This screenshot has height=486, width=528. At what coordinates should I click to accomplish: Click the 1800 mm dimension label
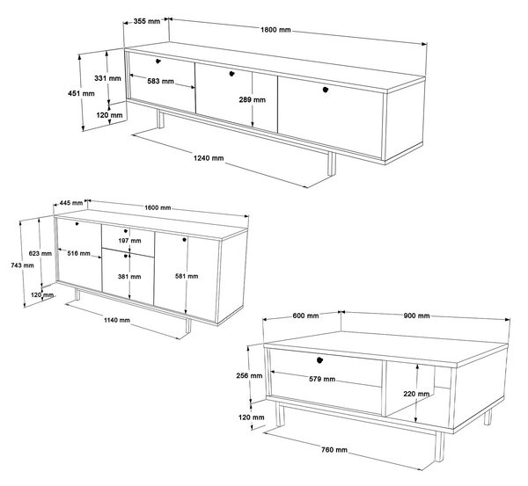click(x=275, y=30)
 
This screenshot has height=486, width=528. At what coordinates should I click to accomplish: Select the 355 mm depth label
click(x=146, y=21)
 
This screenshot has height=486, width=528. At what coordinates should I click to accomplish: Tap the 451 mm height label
click(x=81, y=93)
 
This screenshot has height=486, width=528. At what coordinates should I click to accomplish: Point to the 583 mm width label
click(x=161, y=81)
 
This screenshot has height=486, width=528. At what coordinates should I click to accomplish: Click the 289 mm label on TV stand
click(x=253, y=99)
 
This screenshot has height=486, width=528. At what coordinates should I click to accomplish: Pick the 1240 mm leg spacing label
click(x=209, y=157)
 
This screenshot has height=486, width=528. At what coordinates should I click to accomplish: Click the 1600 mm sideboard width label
click(x=158, y=207)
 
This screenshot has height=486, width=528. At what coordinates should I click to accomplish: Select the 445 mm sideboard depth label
click(x=71, y=203)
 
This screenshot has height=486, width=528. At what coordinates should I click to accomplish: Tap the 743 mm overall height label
click(x=22, y=265)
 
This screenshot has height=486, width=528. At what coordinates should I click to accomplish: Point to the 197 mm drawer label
click(x=129, y=241)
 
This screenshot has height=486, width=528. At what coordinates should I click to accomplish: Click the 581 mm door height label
click(x=187, y=276)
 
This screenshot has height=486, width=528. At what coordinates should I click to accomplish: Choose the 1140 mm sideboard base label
click(x=116, y=320)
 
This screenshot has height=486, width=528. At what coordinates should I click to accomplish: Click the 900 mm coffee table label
click(x=416, y=316)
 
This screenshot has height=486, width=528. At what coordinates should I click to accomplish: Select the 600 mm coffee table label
click(x=305, y=316)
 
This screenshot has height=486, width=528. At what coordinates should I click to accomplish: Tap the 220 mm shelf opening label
click(x=416, y=394)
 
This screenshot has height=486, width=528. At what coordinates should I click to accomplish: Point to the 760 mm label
click(x=334, y=450)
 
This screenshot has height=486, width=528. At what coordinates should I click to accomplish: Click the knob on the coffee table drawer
click(x=319, y=360)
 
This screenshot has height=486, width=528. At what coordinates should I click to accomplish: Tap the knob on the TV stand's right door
click(x=326, y=90)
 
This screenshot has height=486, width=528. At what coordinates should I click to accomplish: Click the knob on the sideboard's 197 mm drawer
click(x=126, y=231)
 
